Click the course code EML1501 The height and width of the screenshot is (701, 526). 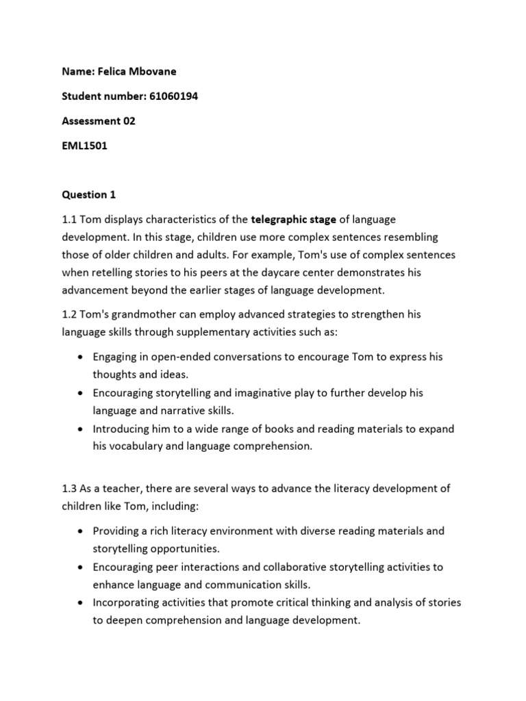tap(85, 146)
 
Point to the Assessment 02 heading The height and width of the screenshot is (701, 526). tap(99, 121)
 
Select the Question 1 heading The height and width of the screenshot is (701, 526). tap(89, 194)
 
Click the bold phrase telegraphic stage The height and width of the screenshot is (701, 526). tap(293, 219)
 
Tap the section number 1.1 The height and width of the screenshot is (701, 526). tap(69, 219)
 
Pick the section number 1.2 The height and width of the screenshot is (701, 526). tap(69, 315)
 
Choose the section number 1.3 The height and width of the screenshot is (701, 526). tap(69, 489)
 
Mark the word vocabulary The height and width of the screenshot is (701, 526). tap(135, 446)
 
